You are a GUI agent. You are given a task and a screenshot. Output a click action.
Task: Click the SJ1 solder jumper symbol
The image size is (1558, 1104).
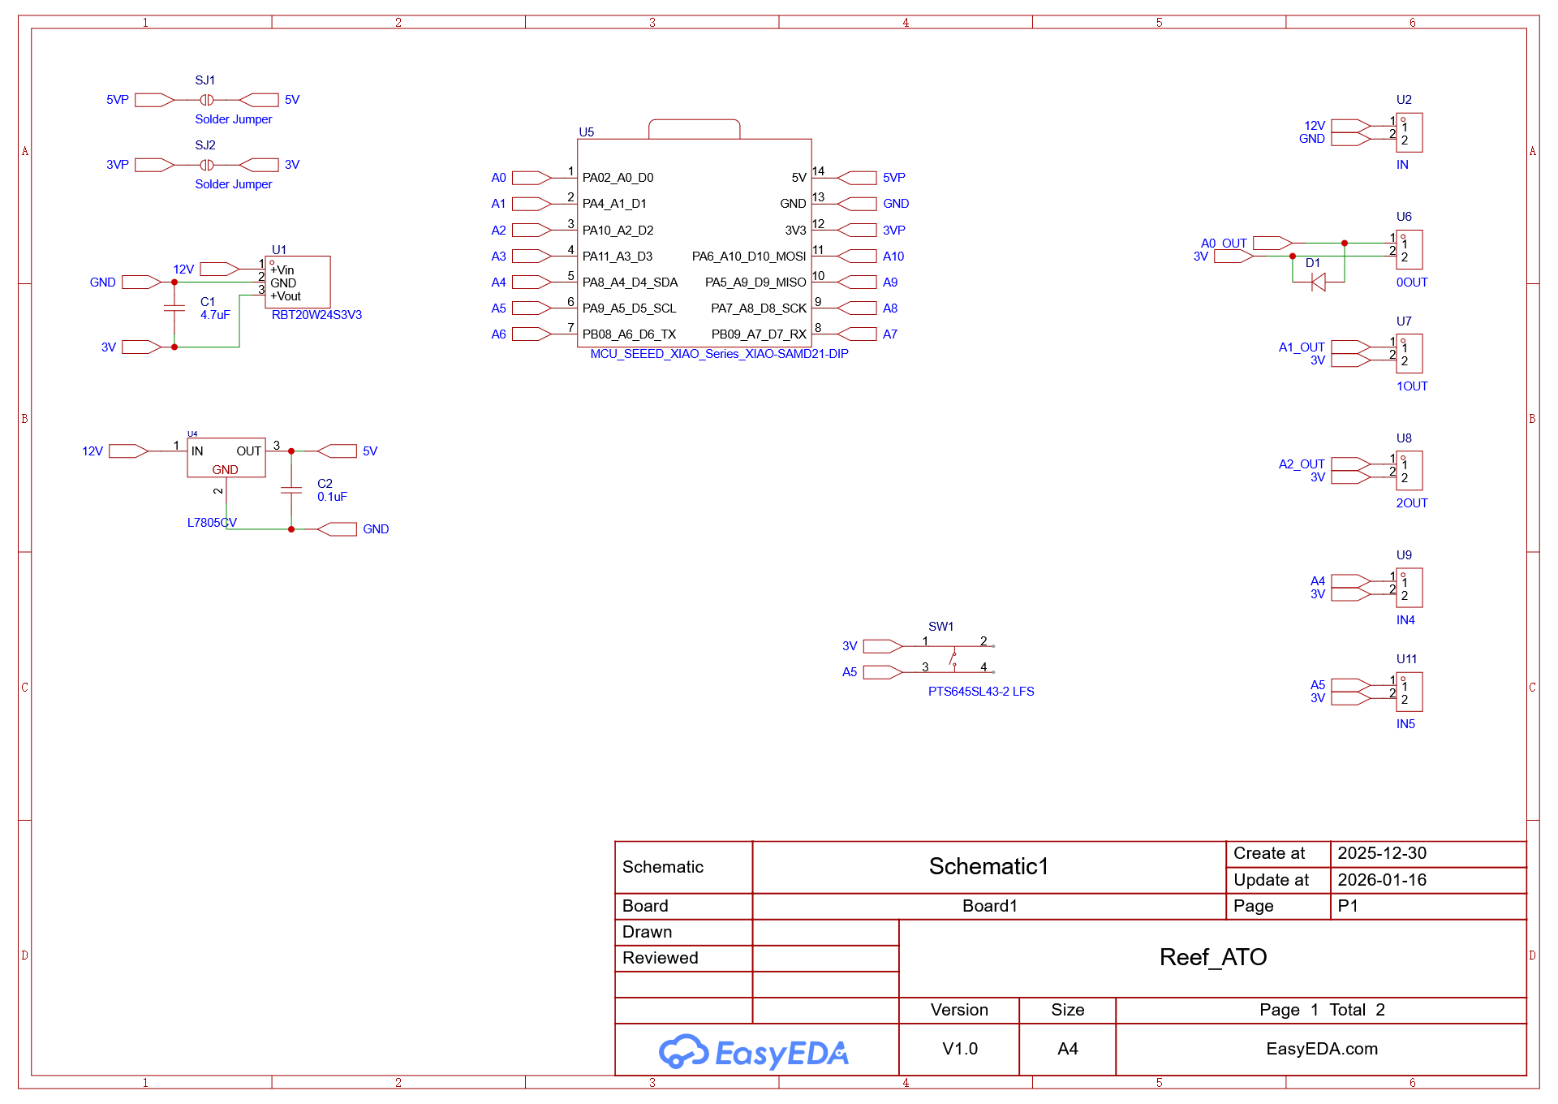(207, 100)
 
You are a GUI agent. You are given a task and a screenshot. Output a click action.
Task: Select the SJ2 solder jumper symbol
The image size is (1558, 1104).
(207, 165)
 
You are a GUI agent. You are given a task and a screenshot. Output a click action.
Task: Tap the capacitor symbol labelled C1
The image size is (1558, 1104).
(174, 308)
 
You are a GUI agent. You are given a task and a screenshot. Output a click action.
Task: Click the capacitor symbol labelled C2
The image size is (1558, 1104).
(291, 490)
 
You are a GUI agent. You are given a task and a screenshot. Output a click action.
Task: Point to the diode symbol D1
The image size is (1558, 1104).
(1319, 282)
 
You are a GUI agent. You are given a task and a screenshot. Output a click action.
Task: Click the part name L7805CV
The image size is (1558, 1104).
(212, 523)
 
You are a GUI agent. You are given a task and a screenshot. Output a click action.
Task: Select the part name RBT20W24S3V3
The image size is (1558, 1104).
(316, 315)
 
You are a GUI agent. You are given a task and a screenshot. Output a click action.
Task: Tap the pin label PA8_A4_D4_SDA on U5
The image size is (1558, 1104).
(630, 282)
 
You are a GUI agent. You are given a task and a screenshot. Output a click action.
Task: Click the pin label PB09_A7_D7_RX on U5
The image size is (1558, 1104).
(759, 334)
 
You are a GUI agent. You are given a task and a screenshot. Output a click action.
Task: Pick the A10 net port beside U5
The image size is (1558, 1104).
(858, 257)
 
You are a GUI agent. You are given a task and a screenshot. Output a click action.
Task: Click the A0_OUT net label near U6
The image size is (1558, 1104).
(1224, 244)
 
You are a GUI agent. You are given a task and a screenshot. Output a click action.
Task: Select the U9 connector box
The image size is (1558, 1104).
(1410, 588)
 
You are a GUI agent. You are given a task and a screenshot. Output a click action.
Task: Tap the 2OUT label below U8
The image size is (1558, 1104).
(1412, 503)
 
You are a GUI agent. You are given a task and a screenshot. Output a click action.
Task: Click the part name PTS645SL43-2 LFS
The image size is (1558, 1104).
(981, 692)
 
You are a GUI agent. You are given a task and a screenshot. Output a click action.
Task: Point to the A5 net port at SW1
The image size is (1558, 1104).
(883, 672)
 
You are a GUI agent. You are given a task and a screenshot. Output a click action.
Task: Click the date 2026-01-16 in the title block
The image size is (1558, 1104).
(1382, 880)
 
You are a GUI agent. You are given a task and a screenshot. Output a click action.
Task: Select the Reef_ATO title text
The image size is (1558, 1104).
(1213, 958)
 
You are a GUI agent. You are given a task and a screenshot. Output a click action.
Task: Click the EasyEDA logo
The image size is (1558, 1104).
(754, 1053)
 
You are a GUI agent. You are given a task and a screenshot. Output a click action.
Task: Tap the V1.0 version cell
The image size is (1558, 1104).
(960, 1049)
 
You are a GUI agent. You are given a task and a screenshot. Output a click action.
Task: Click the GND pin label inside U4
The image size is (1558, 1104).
(226, 470)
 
